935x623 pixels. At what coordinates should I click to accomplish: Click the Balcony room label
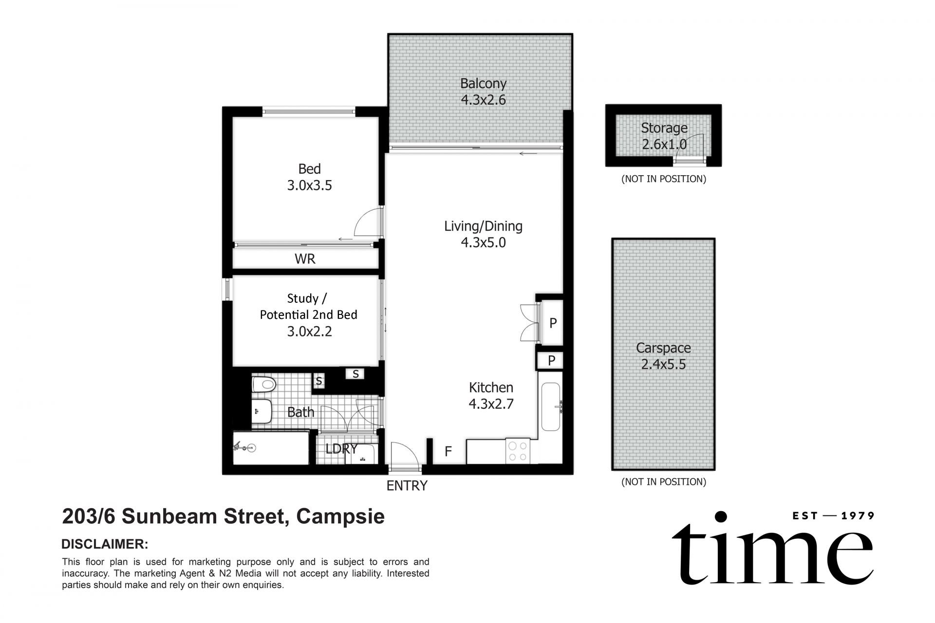point(483,83)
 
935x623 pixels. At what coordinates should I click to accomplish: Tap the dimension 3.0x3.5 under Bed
point(309,185)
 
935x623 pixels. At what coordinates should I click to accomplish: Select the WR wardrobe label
point(305,259)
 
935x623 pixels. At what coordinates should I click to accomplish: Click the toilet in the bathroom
point(264,385)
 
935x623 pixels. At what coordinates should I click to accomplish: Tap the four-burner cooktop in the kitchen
point(518,451)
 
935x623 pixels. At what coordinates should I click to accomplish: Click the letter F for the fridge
point(448,452)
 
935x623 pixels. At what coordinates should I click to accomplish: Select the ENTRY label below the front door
point(407,486)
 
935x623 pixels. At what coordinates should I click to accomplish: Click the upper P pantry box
point(553,323)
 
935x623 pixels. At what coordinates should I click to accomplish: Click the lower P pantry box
point(551,361)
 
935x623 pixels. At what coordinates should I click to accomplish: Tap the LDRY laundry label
point(341,449)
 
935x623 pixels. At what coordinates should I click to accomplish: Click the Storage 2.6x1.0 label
point(664,136)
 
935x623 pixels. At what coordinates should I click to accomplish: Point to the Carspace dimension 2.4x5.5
point(663,365)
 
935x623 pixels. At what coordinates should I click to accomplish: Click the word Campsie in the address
point(340,516)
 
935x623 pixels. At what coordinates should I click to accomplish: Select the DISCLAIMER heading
point(105,544)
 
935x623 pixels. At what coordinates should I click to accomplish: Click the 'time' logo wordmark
point(772,555)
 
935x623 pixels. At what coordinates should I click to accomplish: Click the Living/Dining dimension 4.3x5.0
point(483,242)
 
